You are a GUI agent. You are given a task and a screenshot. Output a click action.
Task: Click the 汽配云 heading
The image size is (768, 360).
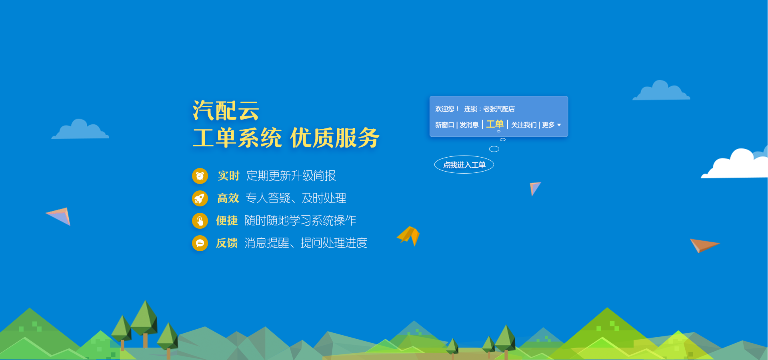click(226, 110)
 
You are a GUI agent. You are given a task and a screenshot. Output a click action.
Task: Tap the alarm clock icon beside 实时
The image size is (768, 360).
click(200, 176)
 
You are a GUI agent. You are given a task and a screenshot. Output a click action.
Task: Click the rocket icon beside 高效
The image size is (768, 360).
click(200, 198)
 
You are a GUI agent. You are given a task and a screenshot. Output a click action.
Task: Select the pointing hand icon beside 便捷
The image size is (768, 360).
click(200, 220)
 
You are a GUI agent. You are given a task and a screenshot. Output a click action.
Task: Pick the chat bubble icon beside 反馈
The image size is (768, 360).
click(200, 243)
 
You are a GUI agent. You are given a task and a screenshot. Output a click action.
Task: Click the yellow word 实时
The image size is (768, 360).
click(228, 176)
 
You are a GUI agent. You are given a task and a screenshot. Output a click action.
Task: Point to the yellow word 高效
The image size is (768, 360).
click(228, 198)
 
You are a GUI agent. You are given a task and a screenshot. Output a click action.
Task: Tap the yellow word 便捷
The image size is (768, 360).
click(227, 220)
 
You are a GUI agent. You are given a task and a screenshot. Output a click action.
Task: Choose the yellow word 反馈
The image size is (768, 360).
click(227, 243)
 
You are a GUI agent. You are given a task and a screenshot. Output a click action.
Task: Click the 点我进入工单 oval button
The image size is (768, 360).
click(464, 164)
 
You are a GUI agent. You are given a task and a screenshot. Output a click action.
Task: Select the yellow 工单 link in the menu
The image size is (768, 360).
click(495, 124)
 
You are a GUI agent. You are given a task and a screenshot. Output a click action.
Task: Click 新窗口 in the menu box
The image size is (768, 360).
click(445, 125)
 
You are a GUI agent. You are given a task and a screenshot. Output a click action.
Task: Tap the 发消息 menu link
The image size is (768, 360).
click(469, 125)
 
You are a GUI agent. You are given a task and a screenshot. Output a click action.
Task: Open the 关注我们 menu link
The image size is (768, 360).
click(524, 125)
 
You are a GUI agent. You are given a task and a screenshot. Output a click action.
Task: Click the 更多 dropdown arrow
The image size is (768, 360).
click(559, 125)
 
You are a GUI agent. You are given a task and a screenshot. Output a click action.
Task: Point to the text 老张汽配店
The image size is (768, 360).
click(499, 109)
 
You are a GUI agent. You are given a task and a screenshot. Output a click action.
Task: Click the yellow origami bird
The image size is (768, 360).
click(408, 236)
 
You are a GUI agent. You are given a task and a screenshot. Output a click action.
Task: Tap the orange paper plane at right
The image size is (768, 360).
click(704, 245)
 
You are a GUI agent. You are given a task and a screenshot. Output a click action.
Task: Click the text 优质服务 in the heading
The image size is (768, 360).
click(335, 138)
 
